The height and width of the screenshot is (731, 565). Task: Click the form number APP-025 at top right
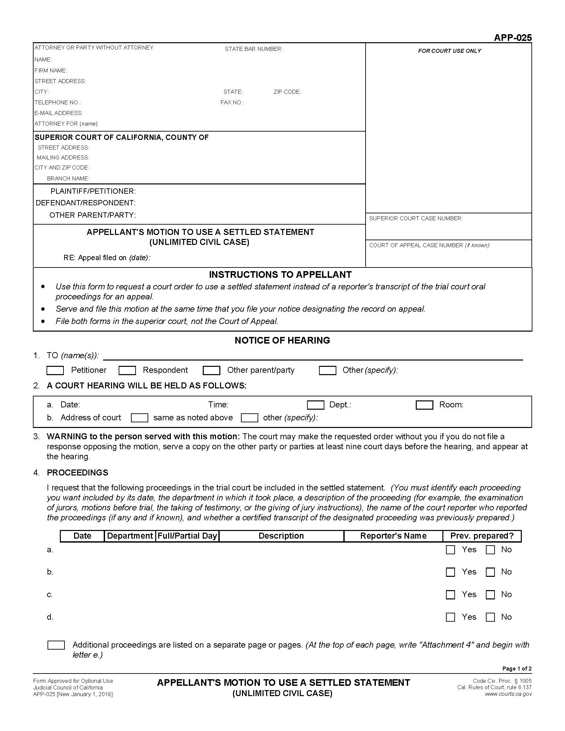[x=512, y=38]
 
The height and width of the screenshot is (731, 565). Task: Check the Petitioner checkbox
[x=55, y=370]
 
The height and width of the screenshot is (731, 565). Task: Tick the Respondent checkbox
[x=127, y=370]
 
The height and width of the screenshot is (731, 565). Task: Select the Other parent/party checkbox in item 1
[x=211, y=370]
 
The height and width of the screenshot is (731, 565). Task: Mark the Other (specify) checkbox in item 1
[x=327, y=370]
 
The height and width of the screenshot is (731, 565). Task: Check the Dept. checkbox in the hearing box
[x=315, y=405]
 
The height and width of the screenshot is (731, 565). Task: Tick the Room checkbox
[x=424, y=405]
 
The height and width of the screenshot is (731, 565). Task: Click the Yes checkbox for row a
[x=450, y=550]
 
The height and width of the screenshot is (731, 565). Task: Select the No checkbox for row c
[x=490, y=595]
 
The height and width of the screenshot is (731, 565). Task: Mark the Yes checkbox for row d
[x=450, y=617]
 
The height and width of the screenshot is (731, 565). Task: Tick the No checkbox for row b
[x=490, y=572]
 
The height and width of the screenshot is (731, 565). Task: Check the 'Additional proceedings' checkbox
[x=56, y=645]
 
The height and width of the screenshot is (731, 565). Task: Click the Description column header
[x=281, y=536]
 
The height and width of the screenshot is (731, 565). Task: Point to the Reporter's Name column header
[x=393, y=536]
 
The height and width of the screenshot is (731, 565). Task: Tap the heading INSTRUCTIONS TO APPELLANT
[x=280, y=274]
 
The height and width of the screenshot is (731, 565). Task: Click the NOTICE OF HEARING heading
[x=282, y=340]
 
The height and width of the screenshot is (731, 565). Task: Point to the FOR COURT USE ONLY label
[x=449, y=51]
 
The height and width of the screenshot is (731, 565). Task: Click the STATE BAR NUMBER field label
[x=253, y=49]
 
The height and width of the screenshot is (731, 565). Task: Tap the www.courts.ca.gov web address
[x=508, y=694]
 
